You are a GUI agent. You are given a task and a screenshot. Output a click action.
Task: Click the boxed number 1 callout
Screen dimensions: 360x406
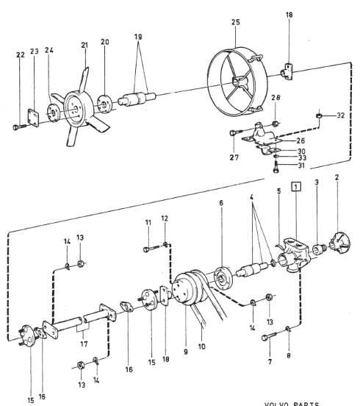tap(296, 186)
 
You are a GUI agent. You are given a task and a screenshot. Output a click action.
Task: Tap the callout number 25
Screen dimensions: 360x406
tap(236, 22)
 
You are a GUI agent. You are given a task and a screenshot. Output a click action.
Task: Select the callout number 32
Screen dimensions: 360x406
tap(341, 115)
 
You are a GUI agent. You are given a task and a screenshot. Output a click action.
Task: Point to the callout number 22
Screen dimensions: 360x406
tap(21, 55)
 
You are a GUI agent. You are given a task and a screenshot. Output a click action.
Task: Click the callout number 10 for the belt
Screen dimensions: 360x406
tap(202, 346)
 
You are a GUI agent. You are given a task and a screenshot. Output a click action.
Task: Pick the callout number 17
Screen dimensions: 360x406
tap(84, 344)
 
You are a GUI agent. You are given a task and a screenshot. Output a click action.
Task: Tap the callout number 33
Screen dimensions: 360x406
tap(302, 157)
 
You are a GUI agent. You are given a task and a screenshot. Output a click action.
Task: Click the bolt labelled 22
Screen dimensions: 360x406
tap(20, 127)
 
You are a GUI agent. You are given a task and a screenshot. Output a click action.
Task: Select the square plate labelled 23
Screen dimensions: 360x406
tap(34, 118)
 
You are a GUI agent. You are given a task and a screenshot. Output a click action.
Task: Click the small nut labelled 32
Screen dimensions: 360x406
tap(319, 115)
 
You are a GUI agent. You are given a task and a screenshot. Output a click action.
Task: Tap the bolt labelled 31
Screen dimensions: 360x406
tap(276, 166)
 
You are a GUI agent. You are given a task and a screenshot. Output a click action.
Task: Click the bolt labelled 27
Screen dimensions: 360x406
tap(236, 132)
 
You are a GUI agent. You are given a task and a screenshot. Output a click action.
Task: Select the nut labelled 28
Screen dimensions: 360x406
tap(276, 124)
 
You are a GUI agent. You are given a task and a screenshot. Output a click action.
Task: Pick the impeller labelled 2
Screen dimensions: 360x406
tap(339, 243)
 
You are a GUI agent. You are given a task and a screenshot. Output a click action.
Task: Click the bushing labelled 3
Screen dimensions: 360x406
tap(317, 249)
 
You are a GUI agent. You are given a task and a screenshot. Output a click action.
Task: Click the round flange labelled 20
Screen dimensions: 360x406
tap(104, 104)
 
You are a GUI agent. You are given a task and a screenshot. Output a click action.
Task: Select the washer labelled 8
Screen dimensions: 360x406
tap(288, 329)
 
